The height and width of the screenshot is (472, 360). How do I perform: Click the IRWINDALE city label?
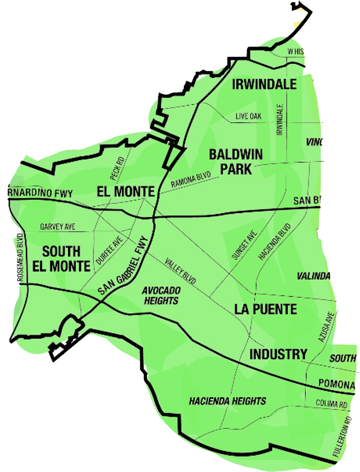(264, 85)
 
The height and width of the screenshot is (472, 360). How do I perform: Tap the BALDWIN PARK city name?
(236, 162)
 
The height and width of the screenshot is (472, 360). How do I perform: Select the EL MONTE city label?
(125, 191)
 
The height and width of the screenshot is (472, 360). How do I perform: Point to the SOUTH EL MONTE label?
(61, 259)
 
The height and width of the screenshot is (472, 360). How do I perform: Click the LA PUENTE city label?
(266, 309)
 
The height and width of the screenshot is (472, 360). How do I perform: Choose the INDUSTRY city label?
(278, 354)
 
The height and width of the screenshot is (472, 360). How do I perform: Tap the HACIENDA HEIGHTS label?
(228, 401)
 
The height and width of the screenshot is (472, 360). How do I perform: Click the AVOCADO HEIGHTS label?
(160, 295)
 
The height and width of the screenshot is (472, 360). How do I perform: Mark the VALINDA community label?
(313, 276)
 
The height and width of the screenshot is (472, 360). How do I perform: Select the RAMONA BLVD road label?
(191, 179)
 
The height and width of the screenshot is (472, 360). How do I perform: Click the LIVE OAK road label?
(248, 117)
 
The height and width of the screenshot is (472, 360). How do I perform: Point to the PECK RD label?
(116, 168)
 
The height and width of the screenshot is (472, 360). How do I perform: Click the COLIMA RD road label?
(331, 404)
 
